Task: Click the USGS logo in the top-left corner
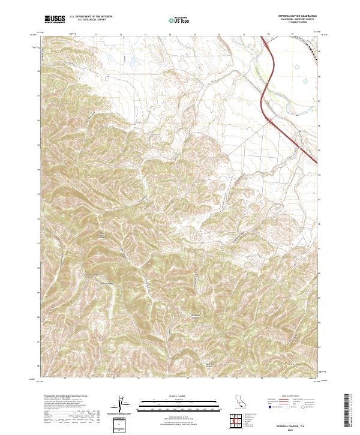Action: pos(54,20)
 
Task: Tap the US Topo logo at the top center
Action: pos(180,20)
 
